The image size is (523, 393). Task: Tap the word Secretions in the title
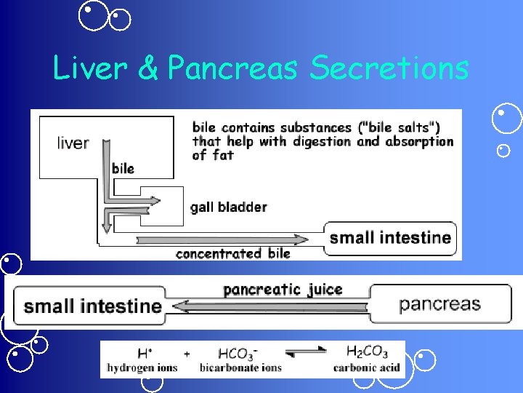tap(389, 68)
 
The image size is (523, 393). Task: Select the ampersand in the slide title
tap(147, 68)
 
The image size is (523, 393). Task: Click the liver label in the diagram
tap(73, 143)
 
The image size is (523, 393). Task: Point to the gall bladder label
tap(228, 207)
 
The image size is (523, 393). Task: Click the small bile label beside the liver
tap(123, 168)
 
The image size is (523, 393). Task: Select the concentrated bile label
tap(232, 253)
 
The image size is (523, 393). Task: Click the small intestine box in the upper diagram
tap(390, 237)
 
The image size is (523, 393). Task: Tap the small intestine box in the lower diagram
tap(92, 306)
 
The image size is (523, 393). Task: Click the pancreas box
tap(440, 303)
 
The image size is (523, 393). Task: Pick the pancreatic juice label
tap(283, 289)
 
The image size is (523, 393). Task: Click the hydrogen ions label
tap(142, 368)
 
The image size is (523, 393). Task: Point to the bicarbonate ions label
tap(240, 368)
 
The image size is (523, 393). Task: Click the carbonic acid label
tap(367, 368)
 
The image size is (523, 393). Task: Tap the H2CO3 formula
tap(367, 352)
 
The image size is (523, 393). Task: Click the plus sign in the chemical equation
tap(187, 353)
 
